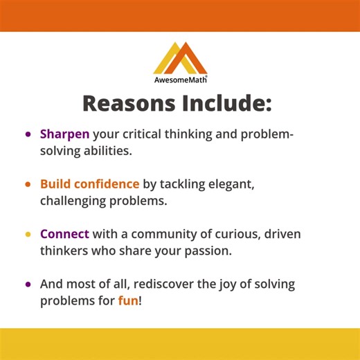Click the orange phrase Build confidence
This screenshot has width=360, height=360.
[89, 184]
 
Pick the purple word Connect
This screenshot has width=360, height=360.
[64, 234]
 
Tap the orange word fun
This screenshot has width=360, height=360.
[128, 301]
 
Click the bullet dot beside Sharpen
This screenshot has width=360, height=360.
[28, 134]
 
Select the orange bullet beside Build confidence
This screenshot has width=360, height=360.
[28, 185]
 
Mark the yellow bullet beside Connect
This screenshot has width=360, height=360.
[28, 235]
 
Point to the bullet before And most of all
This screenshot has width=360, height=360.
[28, 285]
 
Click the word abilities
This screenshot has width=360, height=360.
[106, 150]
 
